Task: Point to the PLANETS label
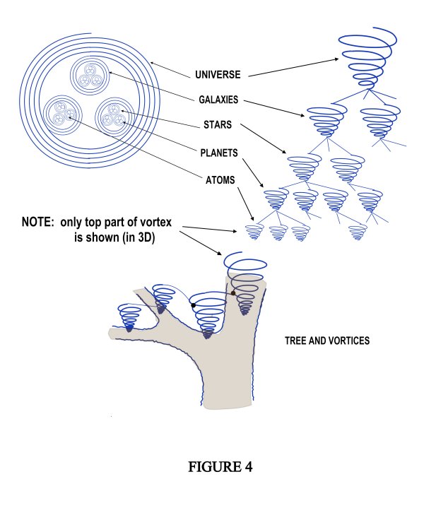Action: tap(217, 151)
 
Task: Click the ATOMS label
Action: tap(216, 179)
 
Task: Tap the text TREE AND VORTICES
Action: tap(327, 341)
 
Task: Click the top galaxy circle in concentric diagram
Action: tap(90, 76)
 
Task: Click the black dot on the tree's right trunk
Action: tap(232, 293)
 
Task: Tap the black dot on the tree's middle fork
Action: tap(192, 305)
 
